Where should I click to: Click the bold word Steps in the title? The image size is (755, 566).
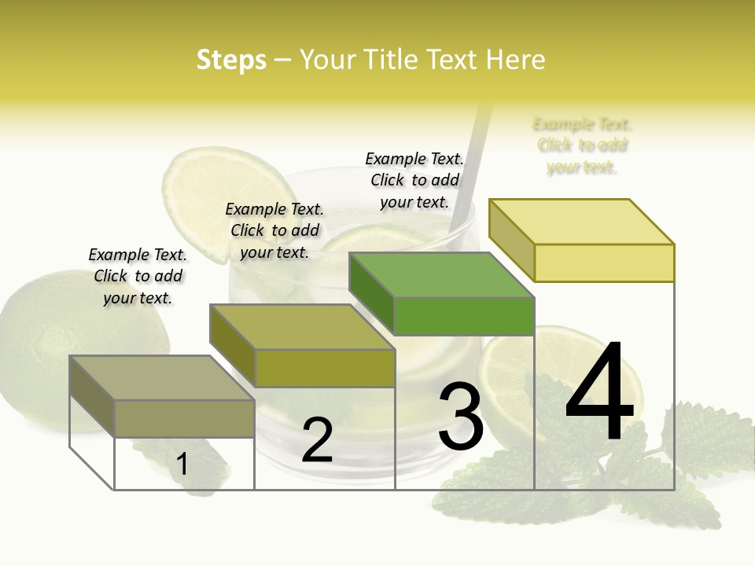pyautogui.click(x=231, y=60)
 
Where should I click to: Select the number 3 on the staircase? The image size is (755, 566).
pyautogui.click(x=460, y=416)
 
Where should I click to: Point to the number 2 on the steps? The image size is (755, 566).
pyautogui.click(x=317, y=440)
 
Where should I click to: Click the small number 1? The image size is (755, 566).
pyautogui.click(x=182, y=464)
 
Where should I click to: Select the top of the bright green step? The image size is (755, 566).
pyautogui.click(x=442, y=275)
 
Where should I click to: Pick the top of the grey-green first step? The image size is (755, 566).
pyautogui.click(x=162, y=378)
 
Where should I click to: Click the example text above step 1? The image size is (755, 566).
pyautogui.click(x=138, y=276)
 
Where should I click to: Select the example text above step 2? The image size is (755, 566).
pyautogui.click(x=274, y=230)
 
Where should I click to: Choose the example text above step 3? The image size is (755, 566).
pyautogui.click(x=414, y=180)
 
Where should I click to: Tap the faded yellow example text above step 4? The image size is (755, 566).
pyautogui.click(x=582, y=145)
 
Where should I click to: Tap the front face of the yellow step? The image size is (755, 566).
pyautogui.click(x=604, y=263)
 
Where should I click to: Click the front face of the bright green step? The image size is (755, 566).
pyautogui.click(x=464, y=316)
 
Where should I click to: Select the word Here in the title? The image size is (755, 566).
pyautogui.click(x=515, y=60)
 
